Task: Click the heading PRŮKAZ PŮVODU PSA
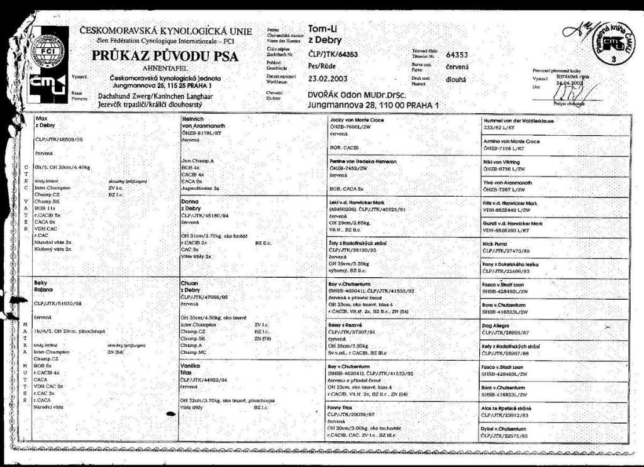point(165,56)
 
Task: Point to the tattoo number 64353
point(457,55)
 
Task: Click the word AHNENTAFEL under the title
point(166,68)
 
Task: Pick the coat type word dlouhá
point(456,80)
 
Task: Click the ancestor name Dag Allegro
point(497,326)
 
